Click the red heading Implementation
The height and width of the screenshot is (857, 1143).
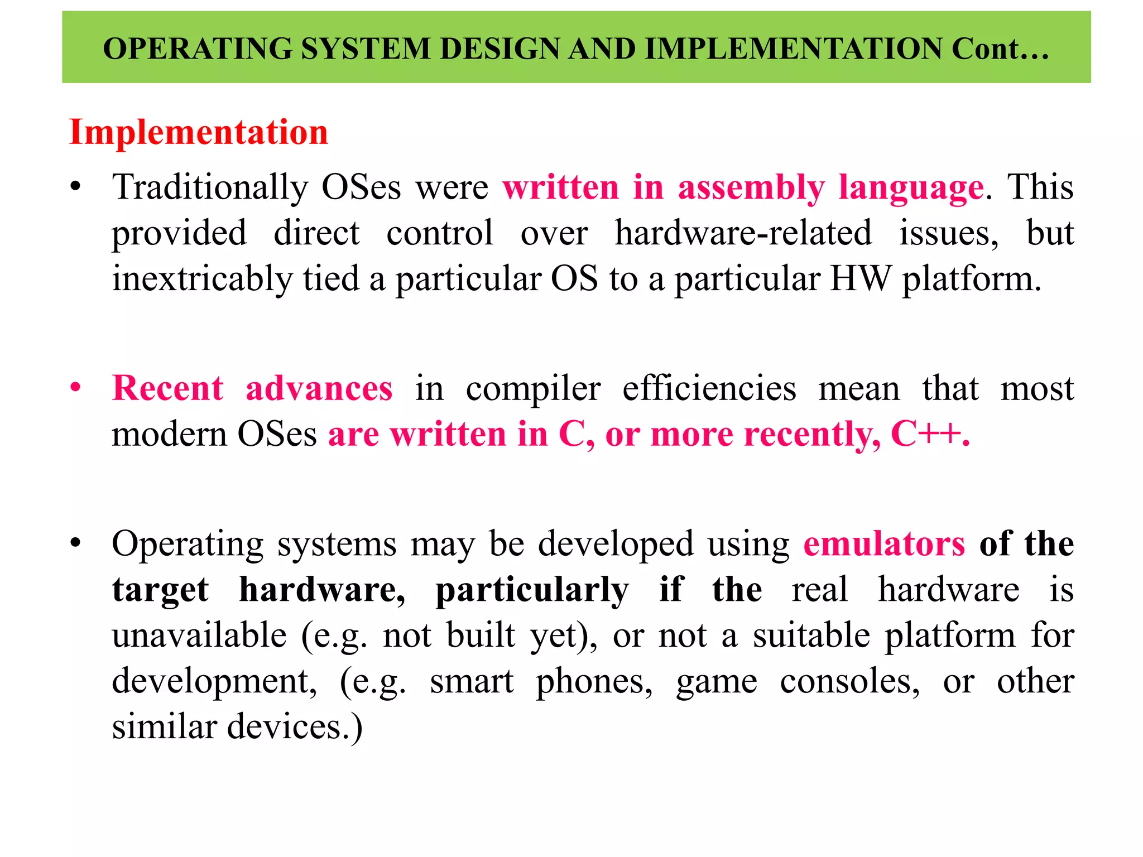coord(199,133)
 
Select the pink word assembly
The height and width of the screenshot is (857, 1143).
coord(751,187)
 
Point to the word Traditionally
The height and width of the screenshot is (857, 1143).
coord(210,187)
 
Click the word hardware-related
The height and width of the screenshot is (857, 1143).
coord(743,233)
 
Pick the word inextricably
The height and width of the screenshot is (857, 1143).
coord(202,279)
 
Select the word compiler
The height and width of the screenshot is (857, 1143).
coord(533,389)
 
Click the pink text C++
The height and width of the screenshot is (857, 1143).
coord(930,434)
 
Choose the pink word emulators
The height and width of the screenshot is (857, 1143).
coord(884,543)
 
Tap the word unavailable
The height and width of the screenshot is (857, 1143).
coord(199,635)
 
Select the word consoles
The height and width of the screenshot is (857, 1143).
coord(849,682)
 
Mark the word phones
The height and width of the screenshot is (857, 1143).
coord(594,682)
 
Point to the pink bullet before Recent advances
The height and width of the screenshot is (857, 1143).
coord(76,387)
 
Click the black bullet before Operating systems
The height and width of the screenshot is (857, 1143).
coord(76,542)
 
